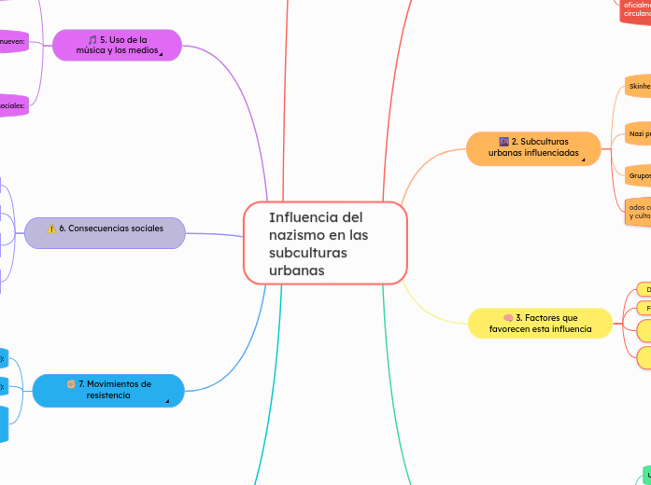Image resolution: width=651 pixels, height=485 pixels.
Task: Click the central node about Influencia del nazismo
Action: coord(325,242)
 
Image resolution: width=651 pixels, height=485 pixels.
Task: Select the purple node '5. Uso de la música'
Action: coord(118,45)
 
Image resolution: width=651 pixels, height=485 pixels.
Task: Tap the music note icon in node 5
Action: coord(92,40)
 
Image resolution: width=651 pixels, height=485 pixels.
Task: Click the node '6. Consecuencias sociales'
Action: coord(105,229)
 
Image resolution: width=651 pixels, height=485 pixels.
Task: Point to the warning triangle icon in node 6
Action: coord(51,229)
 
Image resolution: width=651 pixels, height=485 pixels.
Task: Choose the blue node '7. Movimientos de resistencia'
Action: coord(108,389)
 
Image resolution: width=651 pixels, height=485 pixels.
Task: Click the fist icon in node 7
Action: coord(71,383)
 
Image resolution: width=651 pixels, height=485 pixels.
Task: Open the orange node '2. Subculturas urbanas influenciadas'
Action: coord(532,147)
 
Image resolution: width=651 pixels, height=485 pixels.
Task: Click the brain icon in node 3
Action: coord(508,318)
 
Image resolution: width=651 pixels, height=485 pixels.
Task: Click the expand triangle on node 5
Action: coord(160,55)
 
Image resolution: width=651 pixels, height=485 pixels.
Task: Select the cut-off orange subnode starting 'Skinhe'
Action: coord(639,86)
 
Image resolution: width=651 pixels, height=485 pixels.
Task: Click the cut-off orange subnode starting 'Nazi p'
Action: coord(639,133)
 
